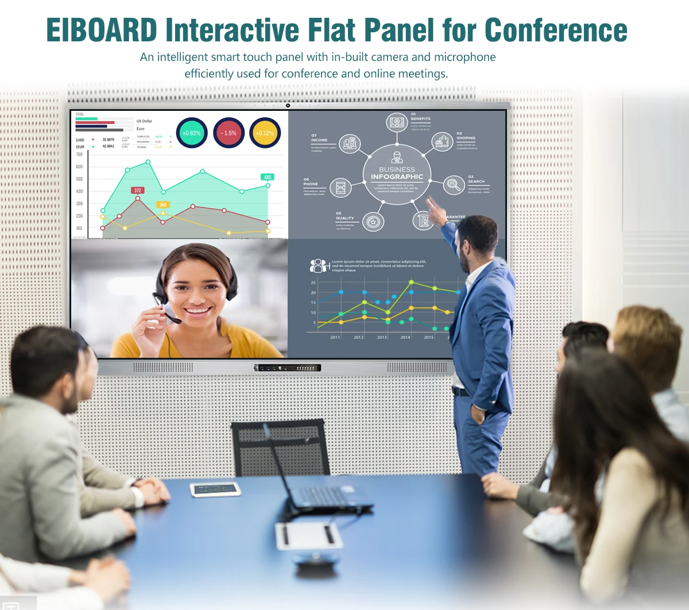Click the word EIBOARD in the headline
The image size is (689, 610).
click(x=102, y=30)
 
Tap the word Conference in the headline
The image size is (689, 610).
click(x=556, y=30)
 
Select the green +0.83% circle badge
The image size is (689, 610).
click(x=191, y=133)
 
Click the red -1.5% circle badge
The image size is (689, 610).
click(x=229, y=133)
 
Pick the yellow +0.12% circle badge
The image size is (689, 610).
click(x=265, y=133)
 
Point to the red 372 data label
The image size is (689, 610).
click(x=138, y=190)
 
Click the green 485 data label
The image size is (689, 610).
click(x=267, y=177)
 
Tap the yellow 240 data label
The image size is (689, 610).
click(x=163, y=204)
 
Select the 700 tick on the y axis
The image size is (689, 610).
click(x=79, y=155)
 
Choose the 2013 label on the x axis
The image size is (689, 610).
click(x=382, y=337)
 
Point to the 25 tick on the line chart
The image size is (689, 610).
click(x=313, y=283)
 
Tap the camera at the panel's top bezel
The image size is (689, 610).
click(x=288, y=105)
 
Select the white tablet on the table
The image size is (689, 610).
click(x=215, y=489)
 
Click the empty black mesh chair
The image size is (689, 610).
click(x=280, y=448)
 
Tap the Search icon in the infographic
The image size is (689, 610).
click(x=454, y=184)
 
